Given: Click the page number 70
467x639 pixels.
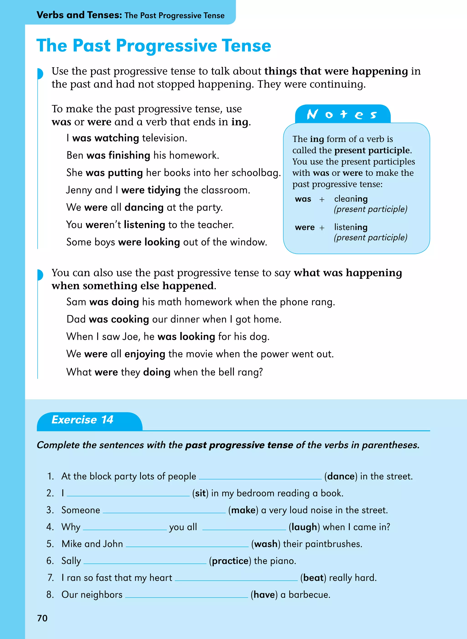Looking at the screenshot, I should click(42, 618).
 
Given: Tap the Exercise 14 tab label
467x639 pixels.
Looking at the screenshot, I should click(82, 420).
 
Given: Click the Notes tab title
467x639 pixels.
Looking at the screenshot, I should click(342, 114).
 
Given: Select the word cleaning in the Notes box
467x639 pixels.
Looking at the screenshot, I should click(351, 199).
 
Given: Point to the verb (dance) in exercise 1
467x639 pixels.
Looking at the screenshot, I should click(341, 476).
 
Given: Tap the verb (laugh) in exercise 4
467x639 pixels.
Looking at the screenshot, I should click(304, 527).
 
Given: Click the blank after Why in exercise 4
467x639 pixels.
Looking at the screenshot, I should click(125, 529).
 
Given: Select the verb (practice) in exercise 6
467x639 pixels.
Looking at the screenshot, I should click(230, 561).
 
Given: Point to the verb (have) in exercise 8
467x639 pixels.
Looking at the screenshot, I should click(264, 595).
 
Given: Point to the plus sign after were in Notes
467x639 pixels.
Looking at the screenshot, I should click(322, 228).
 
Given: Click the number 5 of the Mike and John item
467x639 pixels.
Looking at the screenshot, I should click(50, 544).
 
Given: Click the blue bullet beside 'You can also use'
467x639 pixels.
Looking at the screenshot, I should click(40, 275).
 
